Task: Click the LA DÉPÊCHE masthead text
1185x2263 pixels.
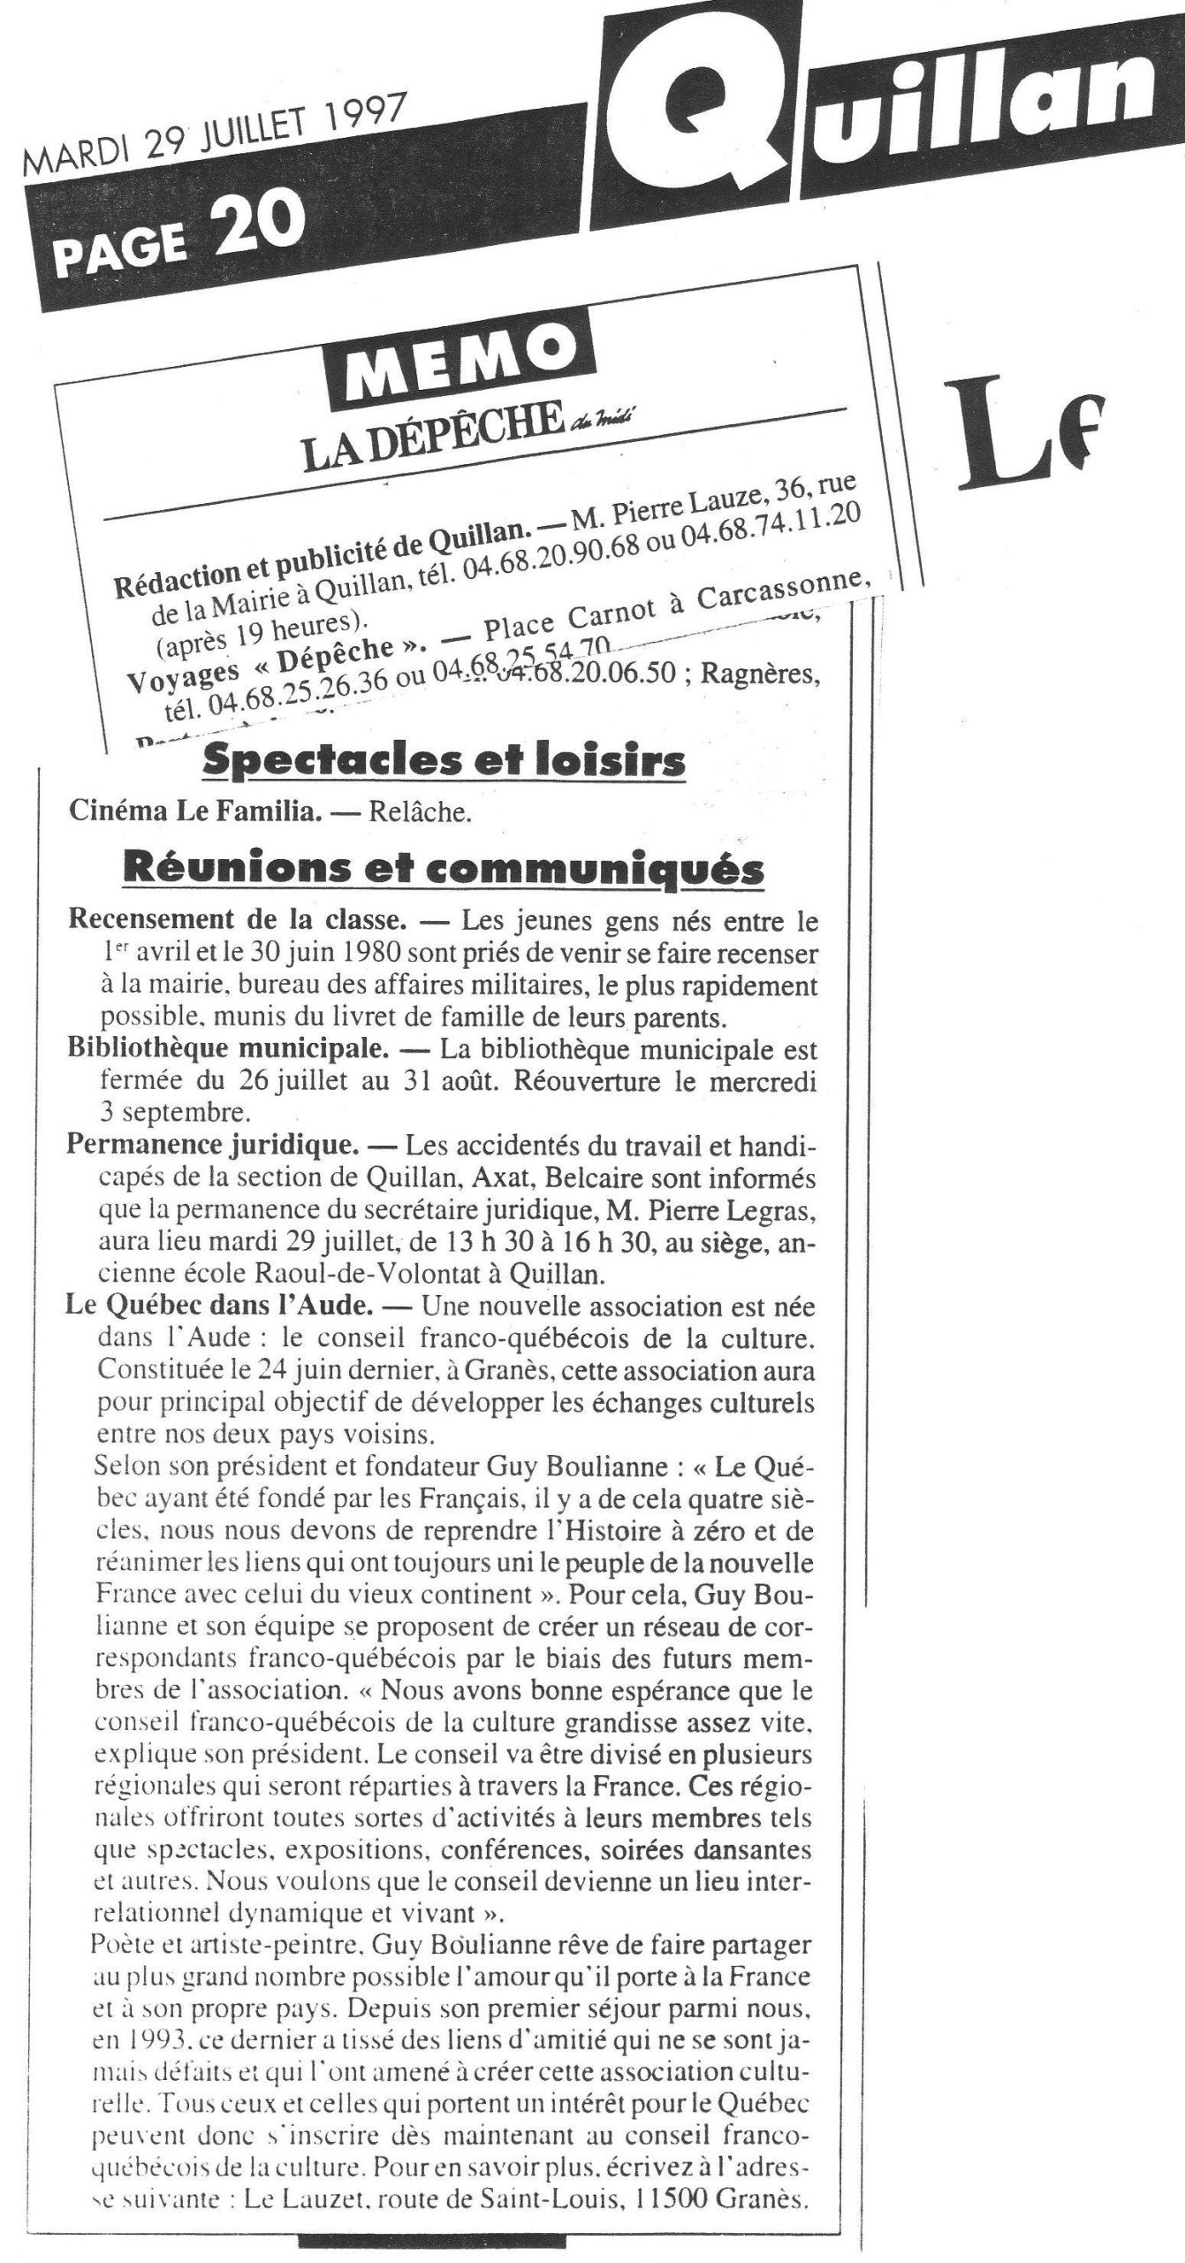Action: coord(432,439)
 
